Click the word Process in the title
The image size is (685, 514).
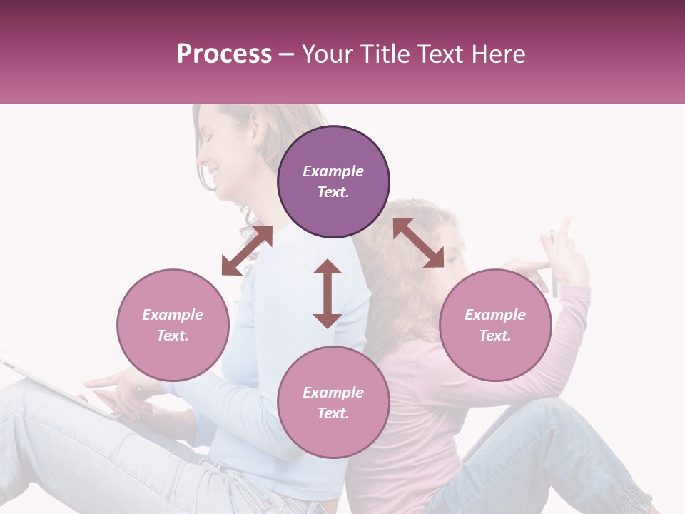(224, 54)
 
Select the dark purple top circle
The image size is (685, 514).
(333, 182)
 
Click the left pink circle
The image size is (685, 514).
(173, 325)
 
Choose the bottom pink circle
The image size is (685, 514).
(333, 403)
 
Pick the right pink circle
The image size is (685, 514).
(495, 325)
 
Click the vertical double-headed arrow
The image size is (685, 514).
(328, 293)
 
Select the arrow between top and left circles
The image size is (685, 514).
(247, 251)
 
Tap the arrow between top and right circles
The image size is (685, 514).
(418, 243)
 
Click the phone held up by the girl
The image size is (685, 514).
(554, 264)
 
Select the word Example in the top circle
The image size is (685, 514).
(333, 171)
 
